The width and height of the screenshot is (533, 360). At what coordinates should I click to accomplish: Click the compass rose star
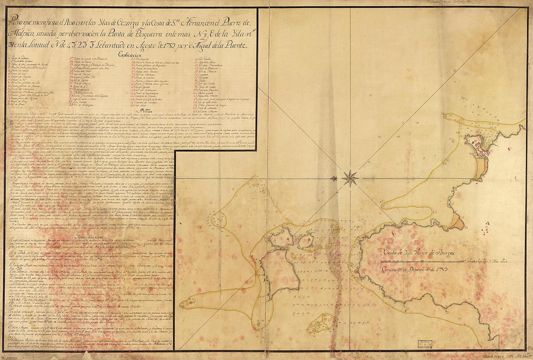tap(349, 178)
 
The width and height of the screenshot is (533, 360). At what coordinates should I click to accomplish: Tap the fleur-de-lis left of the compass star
tap(334, 178)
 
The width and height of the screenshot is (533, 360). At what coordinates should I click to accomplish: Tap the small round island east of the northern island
tap(307, 240)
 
